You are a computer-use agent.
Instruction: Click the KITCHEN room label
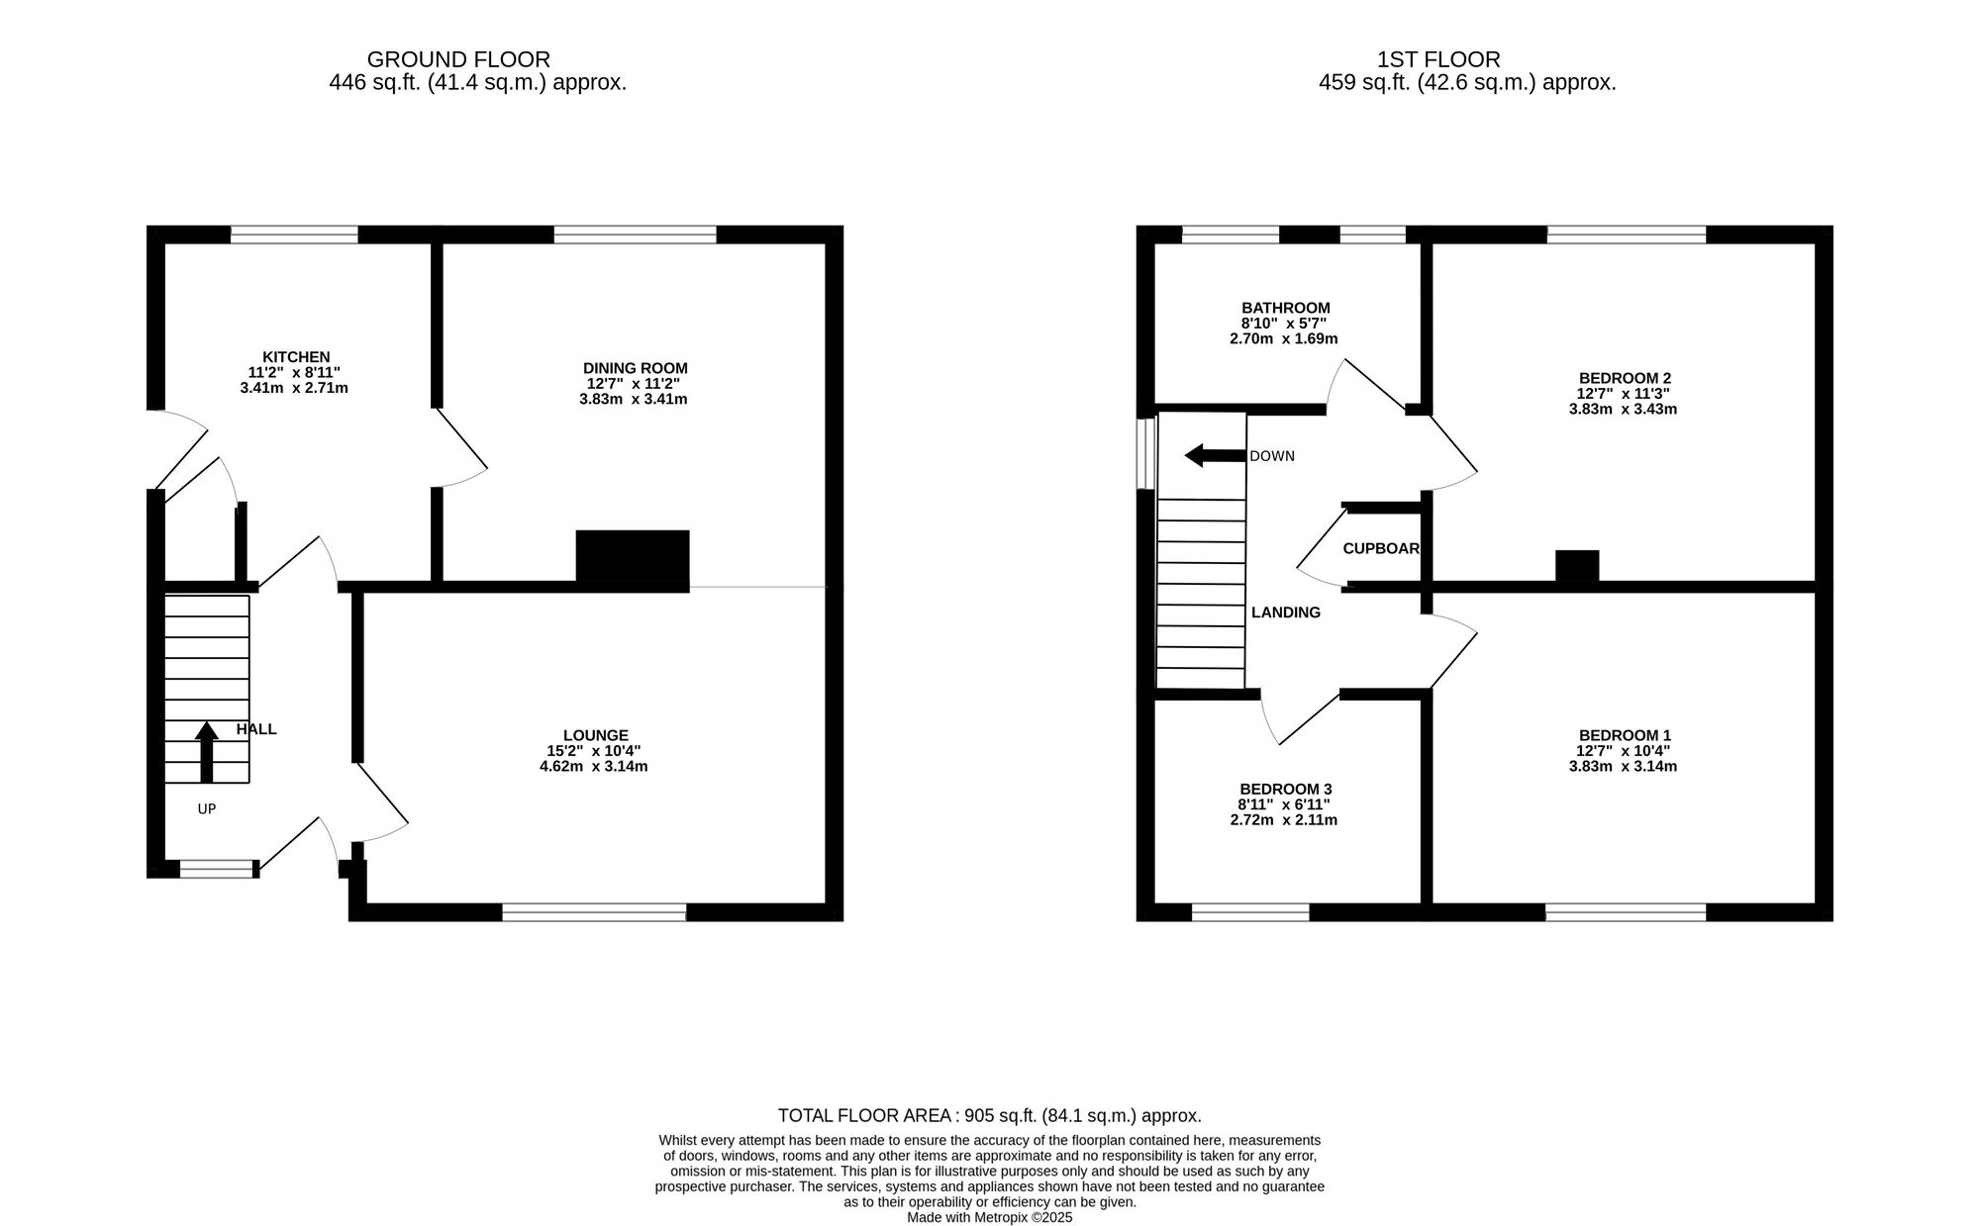point(295,357)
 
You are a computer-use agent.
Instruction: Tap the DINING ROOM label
point(635,368)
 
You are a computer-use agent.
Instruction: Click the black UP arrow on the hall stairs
point(206,752)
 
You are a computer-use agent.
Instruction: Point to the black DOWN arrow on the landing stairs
point(1215,455)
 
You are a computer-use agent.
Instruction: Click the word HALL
point(256,729)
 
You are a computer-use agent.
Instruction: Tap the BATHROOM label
point(1285,308)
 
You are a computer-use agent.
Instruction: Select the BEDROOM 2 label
point(1625,378)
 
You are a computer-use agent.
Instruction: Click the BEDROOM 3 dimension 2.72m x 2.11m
point(1284,820)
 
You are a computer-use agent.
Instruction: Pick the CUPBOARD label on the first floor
point(1381,548)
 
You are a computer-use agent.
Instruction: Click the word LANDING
point(1285,613)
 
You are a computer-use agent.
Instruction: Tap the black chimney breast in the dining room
point(633,560)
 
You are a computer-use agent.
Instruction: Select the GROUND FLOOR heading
point(458,59)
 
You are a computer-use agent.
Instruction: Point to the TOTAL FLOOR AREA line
point(989,1116)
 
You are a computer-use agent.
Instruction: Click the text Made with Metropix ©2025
point(989,1218)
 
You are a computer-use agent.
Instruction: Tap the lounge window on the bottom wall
point(594,912)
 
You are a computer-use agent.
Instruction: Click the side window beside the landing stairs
point(1146,453)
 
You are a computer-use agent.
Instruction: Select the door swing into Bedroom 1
point(1450,648)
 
